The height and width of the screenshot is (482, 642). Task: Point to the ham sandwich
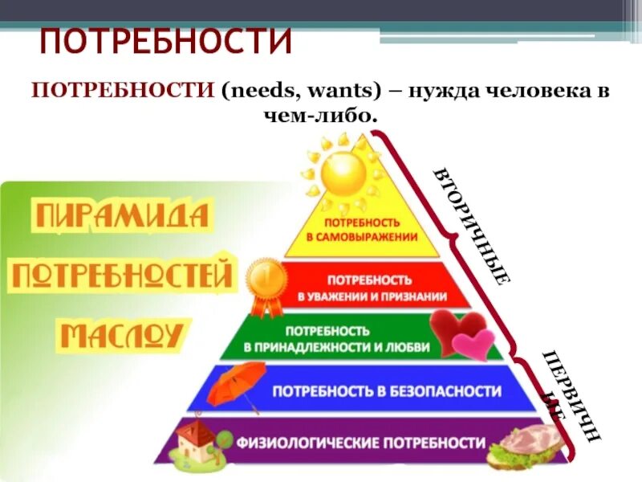click(526, 443)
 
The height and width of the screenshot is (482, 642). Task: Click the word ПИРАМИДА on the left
click(123, 216)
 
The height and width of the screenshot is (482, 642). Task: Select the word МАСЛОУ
click(122, 334)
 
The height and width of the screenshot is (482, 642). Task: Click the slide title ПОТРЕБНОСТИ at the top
click(165, 41)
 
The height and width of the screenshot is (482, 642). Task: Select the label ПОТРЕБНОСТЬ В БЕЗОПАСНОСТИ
click(387, 392)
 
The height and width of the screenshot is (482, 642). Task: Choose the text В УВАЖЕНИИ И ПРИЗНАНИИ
click(372, 296)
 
